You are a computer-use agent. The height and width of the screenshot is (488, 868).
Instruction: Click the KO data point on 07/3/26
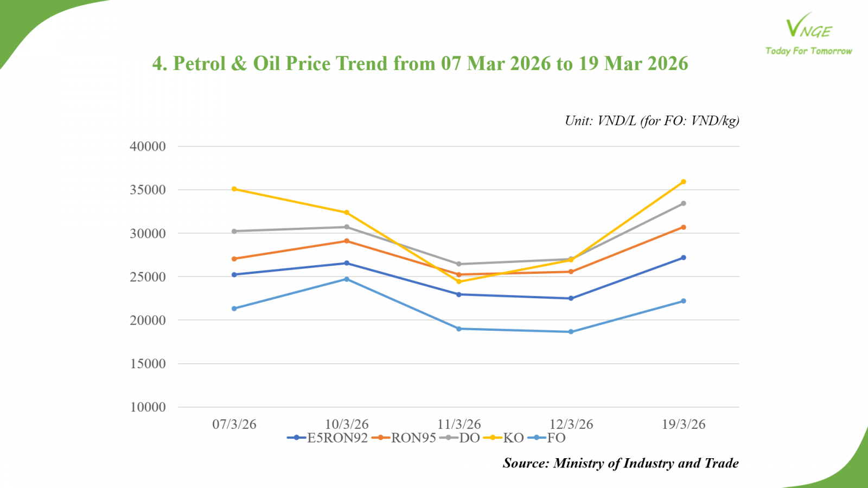[234, 189]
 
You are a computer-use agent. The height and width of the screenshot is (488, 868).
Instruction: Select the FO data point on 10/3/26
[347, 279]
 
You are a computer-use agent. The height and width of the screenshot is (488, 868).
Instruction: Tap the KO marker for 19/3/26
[684, 182]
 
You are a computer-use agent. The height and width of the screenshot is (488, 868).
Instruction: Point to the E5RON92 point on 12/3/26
[571, 298]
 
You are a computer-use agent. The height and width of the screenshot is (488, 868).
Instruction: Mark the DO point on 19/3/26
[684, 203]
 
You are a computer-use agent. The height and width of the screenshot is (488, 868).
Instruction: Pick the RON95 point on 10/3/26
[347, 241]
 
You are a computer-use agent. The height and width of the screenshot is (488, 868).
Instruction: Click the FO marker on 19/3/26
[684, 301]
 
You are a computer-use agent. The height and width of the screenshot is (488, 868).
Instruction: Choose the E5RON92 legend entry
[328, 438]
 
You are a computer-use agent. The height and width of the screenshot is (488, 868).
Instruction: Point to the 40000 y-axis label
[148, 146]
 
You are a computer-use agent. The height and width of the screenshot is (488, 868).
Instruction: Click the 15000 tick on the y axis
[148, 364]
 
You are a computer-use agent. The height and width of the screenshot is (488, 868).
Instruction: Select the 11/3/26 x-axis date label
[459, 424]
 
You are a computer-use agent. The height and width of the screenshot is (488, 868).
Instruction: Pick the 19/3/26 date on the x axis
[684, 424]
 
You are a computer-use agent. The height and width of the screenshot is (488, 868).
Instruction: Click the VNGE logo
[808, 27]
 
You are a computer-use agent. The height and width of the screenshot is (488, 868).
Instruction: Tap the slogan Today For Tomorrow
[808, 51]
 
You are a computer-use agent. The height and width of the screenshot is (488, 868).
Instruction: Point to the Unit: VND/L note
[652, 121]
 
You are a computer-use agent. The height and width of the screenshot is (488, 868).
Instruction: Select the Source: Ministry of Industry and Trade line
[621, 463]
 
